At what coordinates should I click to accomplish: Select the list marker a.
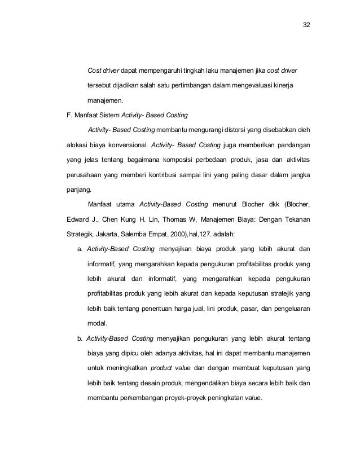(x=80, y=248)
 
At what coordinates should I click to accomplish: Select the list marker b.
(x=80, y=338)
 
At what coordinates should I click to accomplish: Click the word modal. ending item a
(x=98, y=324)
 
